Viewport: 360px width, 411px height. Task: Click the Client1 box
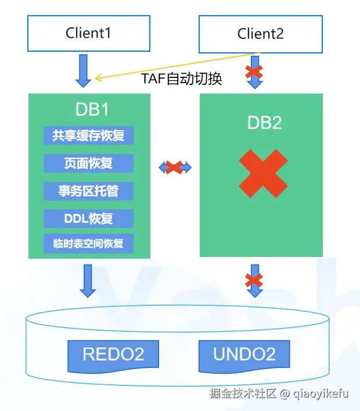point(88,33)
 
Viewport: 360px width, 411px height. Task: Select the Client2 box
point(260,34)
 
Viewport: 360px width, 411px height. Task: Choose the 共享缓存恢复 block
point(88,135)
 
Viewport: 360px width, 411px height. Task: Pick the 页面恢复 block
point(88,163)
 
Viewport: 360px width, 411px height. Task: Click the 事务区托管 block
point(88,191)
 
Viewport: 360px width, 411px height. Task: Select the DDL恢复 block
point(88,219)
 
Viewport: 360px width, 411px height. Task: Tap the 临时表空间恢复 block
point(88,244)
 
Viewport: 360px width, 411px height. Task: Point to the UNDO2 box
point(244,354)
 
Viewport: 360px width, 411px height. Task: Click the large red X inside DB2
point(263,174)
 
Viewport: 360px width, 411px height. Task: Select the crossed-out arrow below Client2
point(254,73)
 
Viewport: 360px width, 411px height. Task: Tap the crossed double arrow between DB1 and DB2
point(175,167)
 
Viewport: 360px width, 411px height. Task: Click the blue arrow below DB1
point(88,281)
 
